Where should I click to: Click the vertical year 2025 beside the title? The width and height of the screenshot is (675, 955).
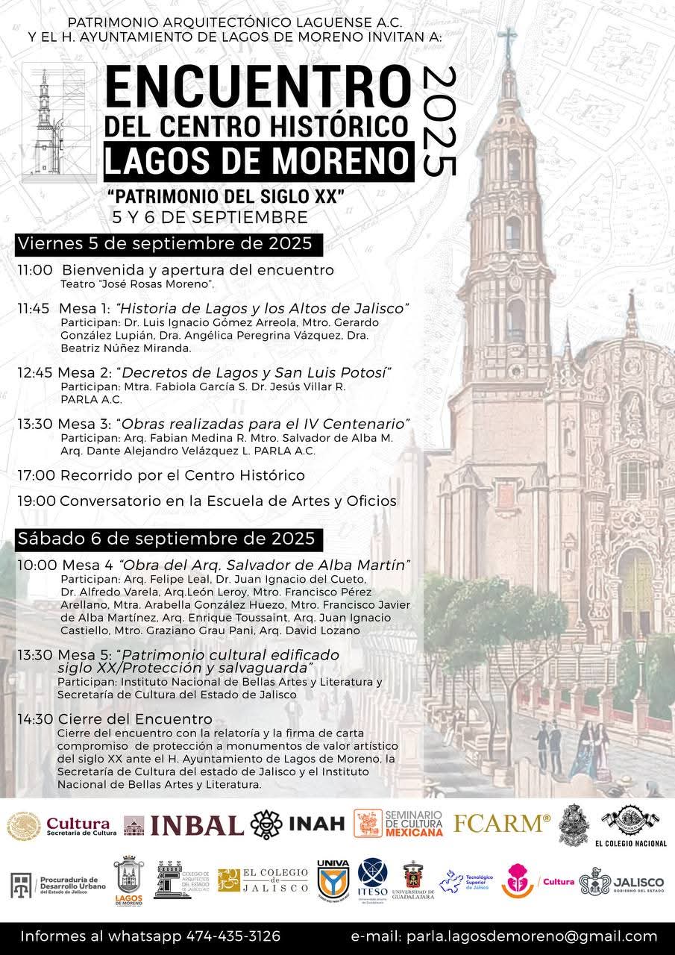point(439,121)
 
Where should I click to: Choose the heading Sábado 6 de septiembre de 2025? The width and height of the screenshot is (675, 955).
point(166,537)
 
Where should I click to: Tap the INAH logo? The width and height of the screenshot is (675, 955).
point(298,824)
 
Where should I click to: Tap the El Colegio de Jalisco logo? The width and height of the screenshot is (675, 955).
point(263,881)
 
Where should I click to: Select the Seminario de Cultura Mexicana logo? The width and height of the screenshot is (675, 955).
point(399,823)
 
